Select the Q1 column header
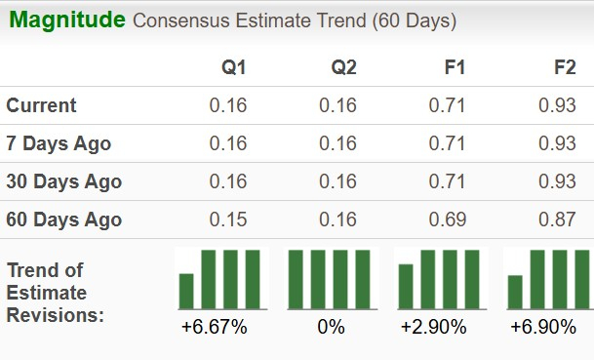(x=234, y=67)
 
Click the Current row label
(x=41, y=105)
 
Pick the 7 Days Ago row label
(x=59, y=143)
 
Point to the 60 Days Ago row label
(x=63, y=220)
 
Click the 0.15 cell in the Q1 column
(x=228, y=220)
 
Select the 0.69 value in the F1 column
(x=448, y=220)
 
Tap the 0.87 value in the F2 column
(x=557, y=220)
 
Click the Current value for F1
(x=448, y=105)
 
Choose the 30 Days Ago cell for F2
(x=557, y=181)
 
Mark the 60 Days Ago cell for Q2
(x=338, y=220)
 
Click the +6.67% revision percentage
(x=215, y=327)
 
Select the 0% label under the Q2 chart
(x=331, y=327)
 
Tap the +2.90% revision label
(x=434, y=327)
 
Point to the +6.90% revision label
(x=543, y=327)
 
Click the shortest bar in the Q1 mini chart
(x=186, y=291)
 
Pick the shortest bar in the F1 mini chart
(x=406, y=286)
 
